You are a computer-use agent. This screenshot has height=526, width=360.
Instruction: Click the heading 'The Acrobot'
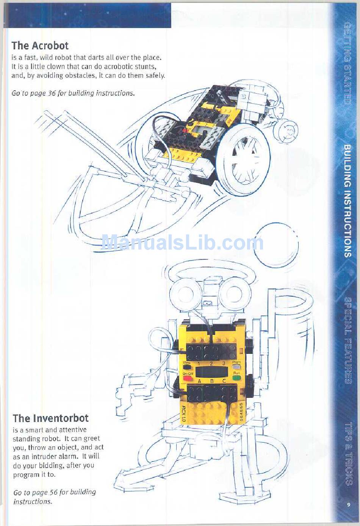[40, 46]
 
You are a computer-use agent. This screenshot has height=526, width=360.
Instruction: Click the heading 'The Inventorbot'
[51, 418]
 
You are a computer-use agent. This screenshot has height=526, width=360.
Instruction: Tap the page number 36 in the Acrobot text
[52, 93]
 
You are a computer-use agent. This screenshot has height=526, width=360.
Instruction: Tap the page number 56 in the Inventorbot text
[53, 492]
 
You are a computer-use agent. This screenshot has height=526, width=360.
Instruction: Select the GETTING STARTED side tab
[347, 63]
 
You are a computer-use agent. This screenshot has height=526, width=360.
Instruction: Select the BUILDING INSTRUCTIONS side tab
[347, 201]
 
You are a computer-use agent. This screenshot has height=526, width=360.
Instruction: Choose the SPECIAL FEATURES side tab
[347, 340]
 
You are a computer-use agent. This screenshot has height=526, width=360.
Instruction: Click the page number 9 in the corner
[348, 504]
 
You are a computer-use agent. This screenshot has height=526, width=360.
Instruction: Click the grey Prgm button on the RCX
[236, 367]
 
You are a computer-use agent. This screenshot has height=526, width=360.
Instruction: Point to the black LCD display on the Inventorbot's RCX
[211, 372]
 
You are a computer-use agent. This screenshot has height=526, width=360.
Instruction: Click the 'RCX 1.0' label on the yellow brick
[183, 414]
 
